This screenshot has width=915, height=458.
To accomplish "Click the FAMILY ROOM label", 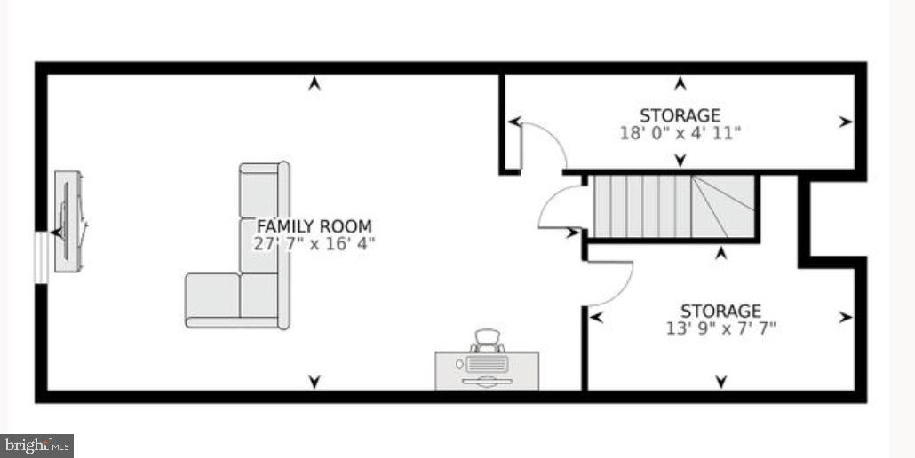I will point(314,226).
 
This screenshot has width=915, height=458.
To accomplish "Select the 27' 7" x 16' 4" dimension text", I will point(314,244).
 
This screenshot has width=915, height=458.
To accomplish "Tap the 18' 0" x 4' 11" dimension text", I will point(680,133).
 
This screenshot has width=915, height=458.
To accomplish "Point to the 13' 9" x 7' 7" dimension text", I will point(720,328).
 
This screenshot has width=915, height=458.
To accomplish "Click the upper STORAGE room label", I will point(680,115).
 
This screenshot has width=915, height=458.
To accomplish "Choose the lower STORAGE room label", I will point(720,311).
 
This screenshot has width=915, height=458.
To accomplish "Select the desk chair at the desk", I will point(487,341).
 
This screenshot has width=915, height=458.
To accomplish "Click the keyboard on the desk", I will point(486,365).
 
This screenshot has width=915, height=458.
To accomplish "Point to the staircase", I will point(673,207).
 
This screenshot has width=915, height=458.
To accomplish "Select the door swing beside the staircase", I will point(560,209).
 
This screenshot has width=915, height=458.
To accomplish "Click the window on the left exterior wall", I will point(41,257).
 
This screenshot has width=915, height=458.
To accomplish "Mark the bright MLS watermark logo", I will point(37,446).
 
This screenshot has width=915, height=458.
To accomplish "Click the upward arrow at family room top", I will point(314,84).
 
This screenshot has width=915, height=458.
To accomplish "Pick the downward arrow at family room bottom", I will point(314,382).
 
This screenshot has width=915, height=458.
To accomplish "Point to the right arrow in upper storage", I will point(845,122).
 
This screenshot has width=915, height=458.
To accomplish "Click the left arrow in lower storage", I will point(595,317).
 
